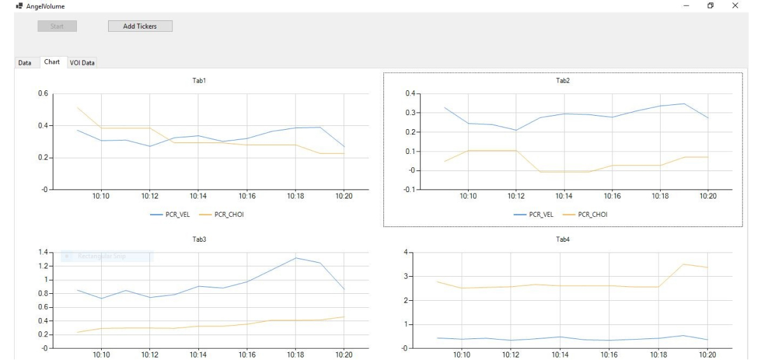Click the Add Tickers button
tap(140, 26)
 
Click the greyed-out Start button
tap(57, 26)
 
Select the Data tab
tap(25, 62)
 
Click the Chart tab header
tap(52, 62)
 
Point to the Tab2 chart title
tap(563, 81)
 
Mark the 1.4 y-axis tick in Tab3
tap(42, 253)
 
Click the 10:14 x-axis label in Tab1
tap(198, 196)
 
